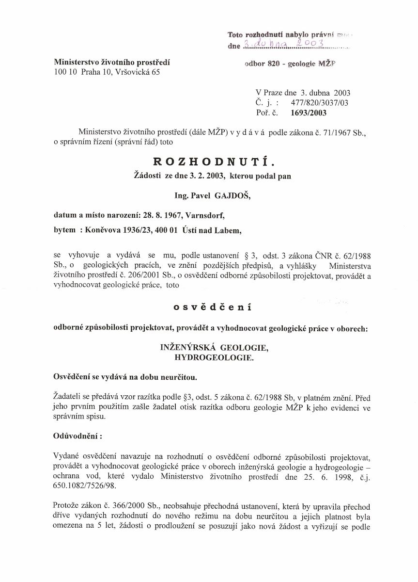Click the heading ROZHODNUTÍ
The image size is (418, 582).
click(212, 162)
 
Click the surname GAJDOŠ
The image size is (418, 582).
click(225, 196)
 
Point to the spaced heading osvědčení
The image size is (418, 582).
click(212, 307)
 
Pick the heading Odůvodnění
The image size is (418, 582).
click(77, 436)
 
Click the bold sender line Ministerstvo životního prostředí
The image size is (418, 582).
click(112, 63)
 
